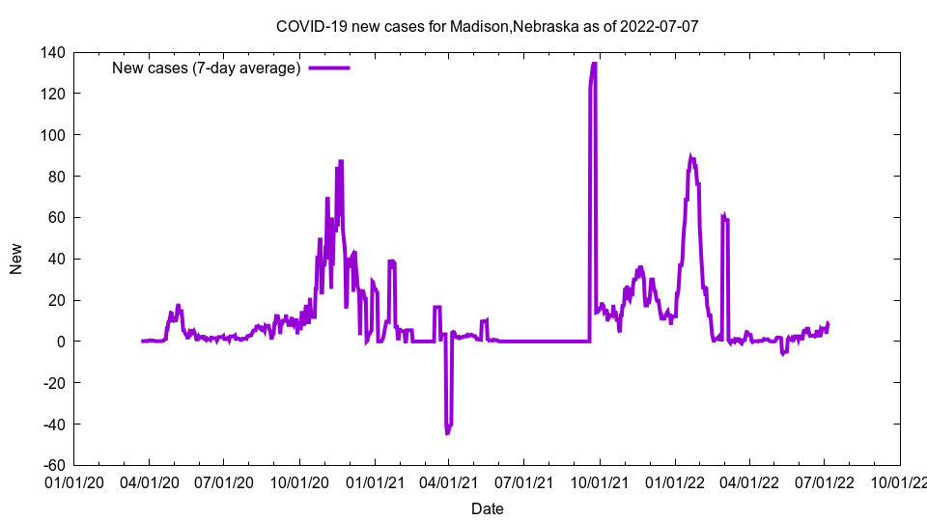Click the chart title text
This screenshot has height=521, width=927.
click(487, 26)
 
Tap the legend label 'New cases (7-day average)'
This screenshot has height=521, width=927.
click(207, 68)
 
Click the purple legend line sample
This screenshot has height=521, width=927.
click(328, 68)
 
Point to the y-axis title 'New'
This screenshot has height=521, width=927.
click(16, 259)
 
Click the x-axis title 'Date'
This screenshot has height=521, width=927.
click(487, 508)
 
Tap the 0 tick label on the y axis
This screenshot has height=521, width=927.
click(60, 342)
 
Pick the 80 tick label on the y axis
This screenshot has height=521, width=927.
click(55, 177)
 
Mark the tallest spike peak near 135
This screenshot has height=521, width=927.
click(594, 64)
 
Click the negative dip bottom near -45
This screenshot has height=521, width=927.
click(447, 433)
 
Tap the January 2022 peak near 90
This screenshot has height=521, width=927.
click(690, 156)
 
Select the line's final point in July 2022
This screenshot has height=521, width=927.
click(828, 323)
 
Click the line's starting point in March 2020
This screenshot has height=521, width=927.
click(142, 341)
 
